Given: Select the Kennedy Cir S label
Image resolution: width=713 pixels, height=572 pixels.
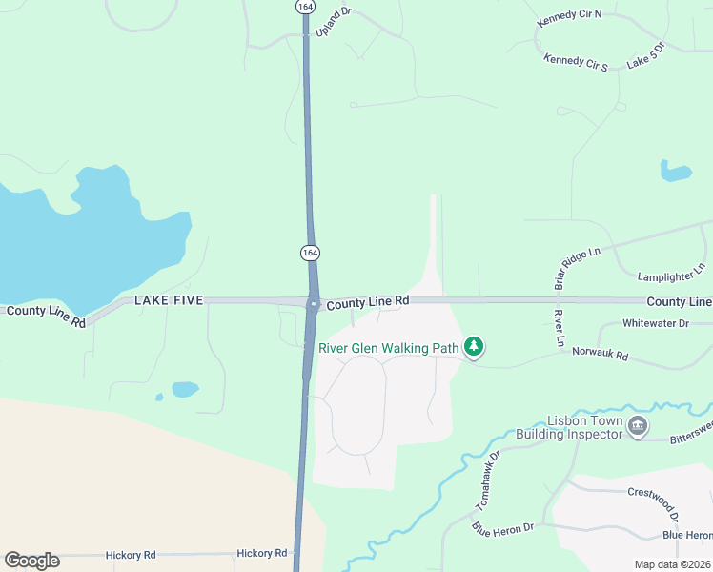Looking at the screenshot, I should click(576, 61).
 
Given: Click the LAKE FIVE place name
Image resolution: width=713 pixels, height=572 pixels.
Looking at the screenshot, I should click(169, 300).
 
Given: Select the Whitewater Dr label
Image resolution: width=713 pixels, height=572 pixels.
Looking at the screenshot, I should click(655, 324).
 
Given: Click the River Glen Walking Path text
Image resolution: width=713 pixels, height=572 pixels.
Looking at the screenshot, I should click(389, 348).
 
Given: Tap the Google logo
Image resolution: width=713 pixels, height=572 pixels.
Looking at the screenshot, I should click(31, 561).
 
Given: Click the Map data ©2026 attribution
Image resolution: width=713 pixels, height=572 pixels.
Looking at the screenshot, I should click(672, 564).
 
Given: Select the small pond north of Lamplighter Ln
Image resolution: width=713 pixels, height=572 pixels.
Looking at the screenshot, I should click(675, 172).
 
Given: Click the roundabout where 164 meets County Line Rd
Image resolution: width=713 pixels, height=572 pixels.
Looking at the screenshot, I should click(312, 304).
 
